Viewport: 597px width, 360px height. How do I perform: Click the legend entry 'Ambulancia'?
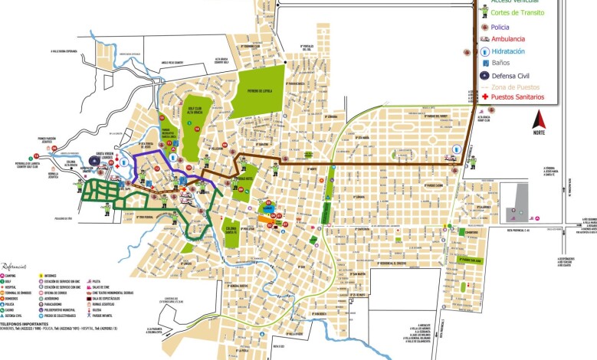pyautogui.click(x=508, y=38)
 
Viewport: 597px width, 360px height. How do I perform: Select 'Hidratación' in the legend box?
pyautogui.click(x=510, y=51)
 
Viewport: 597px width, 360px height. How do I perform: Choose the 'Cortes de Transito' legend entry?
pyautogui.click(x=518, y=14)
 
